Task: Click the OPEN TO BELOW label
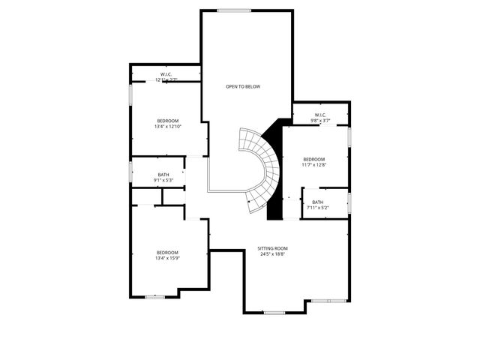tap(243, 87)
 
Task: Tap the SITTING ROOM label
tap(272, 248)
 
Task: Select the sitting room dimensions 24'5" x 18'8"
tap(272, 254)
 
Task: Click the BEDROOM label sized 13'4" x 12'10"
tap(168, 121)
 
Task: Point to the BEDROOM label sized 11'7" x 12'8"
tap(313, 159)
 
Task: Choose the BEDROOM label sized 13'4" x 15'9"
tap(167, 252)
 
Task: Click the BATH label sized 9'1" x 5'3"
tap(163, 175)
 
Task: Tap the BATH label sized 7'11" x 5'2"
tap(318, 202)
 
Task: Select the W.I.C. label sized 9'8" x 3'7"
tap(320, 115)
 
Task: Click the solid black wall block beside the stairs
tap(274, 180)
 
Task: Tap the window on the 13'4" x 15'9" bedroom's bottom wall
tap(155, 297)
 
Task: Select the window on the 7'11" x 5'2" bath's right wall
tap(349, 202)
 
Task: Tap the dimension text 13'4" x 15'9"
tap(167, 258)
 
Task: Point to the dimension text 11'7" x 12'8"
tap(313, 165)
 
